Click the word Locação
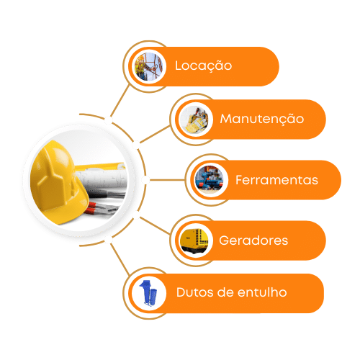pyautogui.click(x=203, y=66)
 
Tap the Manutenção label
pyautogui.click(x=262, y=119)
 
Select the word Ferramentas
pyautogui.click(x=276, y=180)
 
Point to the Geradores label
pyautogui.click(x=253, y=240)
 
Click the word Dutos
pyautogui.click(x=194, y=292)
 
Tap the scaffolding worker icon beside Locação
pyautogui.click(x=148, y=66)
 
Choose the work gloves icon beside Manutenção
pyautogui.click(x=195, y=120)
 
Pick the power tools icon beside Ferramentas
pyautogui.click(x=210, y=180)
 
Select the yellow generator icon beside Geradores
pyautogui.click(x=195, y=240)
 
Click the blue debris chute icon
pyautogui.click(x=148, y=293)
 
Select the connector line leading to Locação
pyautogui.click(x=120, y=101)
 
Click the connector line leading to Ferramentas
pyautogui.click(x=167, y=180)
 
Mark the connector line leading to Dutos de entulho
pyautogui.click(x=120, y=259)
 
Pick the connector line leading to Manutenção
pyautogui.click(x=155, y=135)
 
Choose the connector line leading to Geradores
pyautogui.click(x=155, y=225)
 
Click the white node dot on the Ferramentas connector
pyautogui.click(x=145, y=180)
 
